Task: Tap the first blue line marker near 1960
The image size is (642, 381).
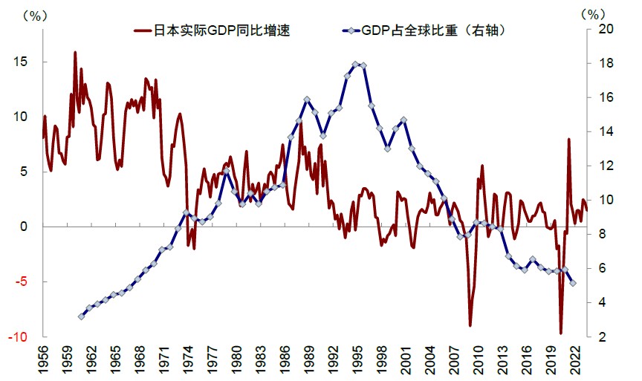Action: click(81, 316)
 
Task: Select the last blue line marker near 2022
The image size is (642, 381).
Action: click(572, 283)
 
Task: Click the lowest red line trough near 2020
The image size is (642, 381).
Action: click(561, 333)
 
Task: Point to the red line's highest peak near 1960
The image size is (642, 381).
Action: click(75, 52)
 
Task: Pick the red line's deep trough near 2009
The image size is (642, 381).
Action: click(470, 325)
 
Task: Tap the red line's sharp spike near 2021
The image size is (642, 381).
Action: click(568, 139)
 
